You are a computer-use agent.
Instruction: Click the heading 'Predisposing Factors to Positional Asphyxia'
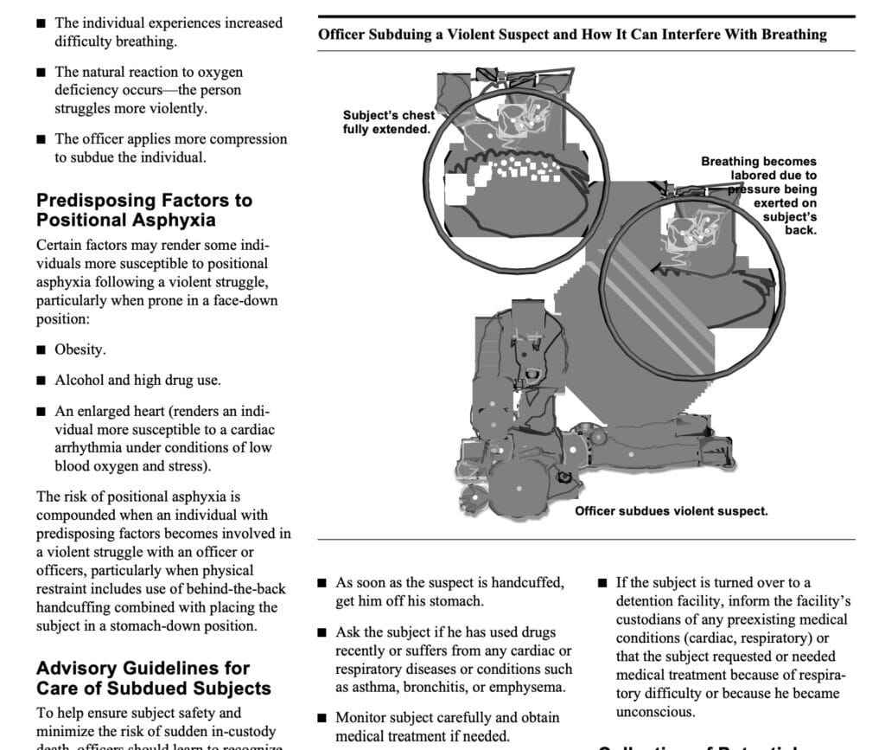click(x=144, y=209)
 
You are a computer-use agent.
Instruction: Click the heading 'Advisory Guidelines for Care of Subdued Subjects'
click(x=153, y=678)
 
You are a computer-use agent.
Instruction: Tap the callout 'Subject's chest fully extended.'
click(x=388, y=122)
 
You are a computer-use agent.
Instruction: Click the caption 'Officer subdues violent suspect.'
click(x=671, y=511)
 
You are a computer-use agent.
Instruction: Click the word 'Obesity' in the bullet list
click(x=80, y=349)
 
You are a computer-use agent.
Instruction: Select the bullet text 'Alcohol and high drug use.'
click(x=137, y=380)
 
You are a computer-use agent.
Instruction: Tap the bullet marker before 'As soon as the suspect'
click(x=322, y=584)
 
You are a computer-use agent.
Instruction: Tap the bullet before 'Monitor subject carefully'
click(x=322, y=718)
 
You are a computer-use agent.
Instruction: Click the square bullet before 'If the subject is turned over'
click(x=602, y=584)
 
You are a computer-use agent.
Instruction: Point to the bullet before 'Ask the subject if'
click(x=322, y=633)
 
